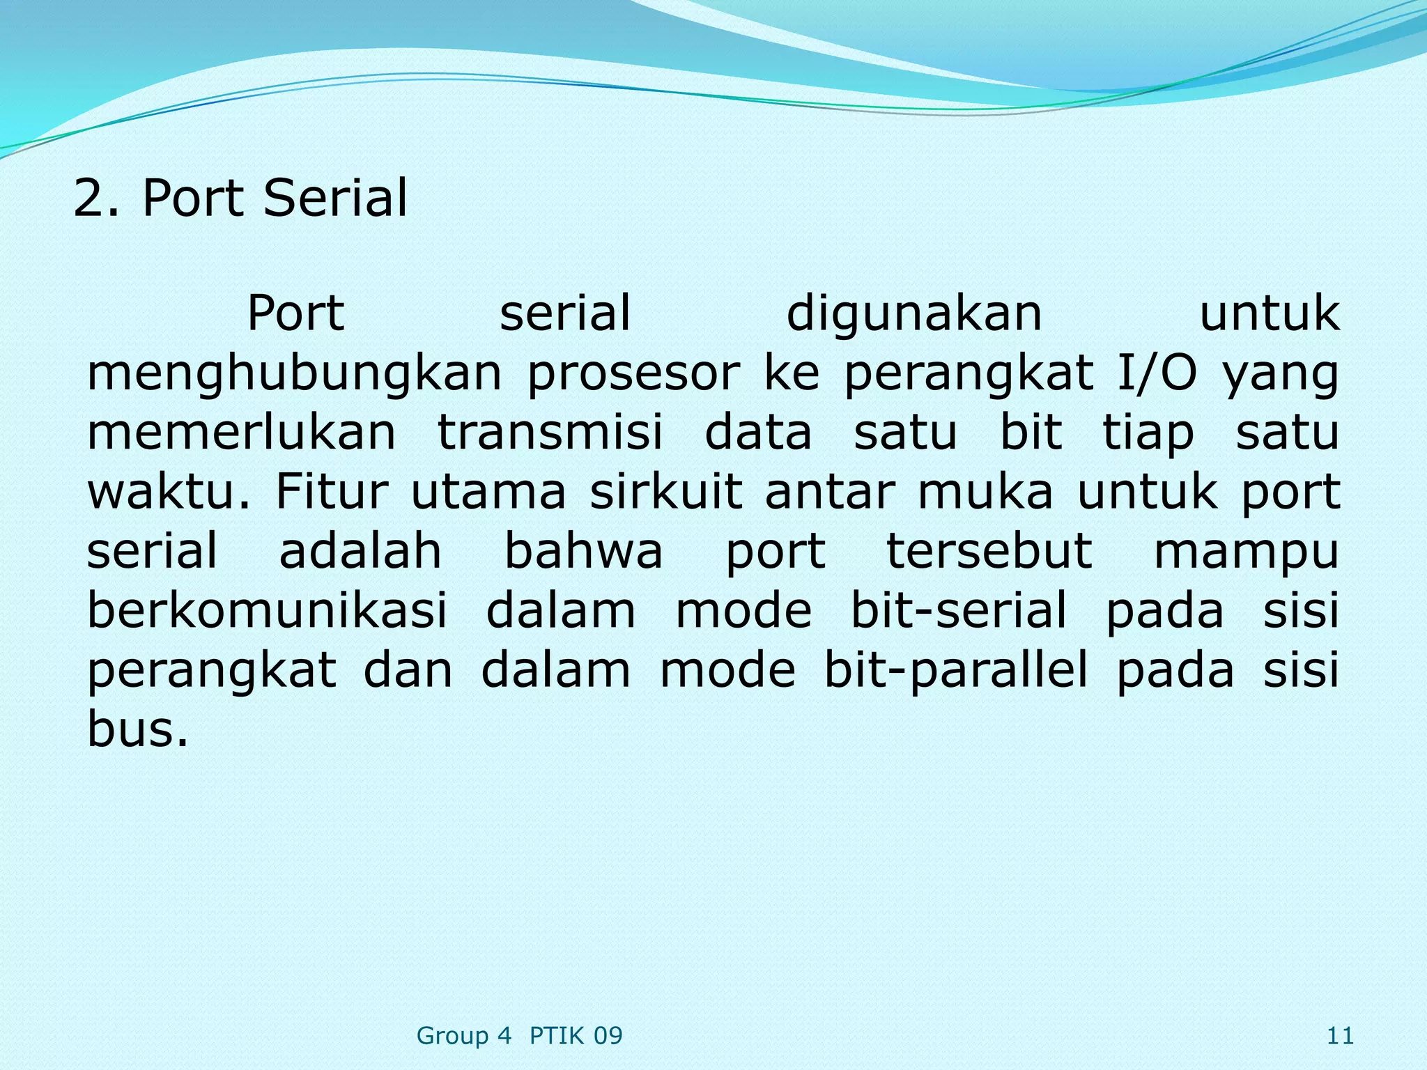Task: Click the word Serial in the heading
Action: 335,199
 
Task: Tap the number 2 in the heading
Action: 89,199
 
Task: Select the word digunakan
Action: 914,313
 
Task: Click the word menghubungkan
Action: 294,374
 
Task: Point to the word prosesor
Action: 633,374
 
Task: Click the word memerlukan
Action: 241,432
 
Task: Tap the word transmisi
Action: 550,432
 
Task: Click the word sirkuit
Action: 665,492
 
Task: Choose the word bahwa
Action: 583,551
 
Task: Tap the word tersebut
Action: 989,551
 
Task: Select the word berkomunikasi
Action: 267,610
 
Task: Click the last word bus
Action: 137,729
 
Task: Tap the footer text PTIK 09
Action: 576,1037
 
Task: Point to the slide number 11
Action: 1340,1037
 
